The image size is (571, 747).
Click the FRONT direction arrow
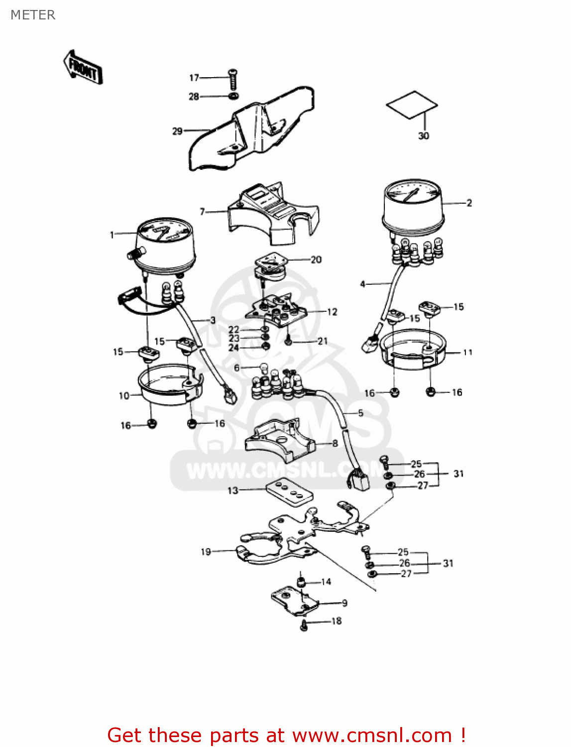[x=83, y=67]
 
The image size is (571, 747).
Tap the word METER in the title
[x=33, y=15]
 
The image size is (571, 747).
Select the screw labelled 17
[x=233, y=79]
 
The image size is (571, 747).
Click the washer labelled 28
[x=233, y=96]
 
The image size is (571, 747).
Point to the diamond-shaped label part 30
[x=412, y=105]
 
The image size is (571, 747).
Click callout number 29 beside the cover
[x=178, y=131]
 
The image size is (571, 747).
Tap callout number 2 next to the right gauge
[x=469, y=203]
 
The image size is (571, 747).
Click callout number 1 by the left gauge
[x=112, y=235]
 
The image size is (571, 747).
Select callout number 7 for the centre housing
[x=202, y=212]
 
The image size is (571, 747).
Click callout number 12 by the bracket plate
[x=332, y=312]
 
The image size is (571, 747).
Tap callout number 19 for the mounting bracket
[x=206, y=552]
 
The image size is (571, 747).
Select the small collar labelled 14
[x=301, y=582]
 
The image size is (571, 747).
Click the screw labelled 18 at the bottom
[x=304, y=625]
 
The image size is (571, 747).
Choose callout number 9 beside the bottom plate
[x=344, y=603]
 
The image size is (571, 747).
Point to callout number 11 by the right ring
[x=467, y=352]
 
